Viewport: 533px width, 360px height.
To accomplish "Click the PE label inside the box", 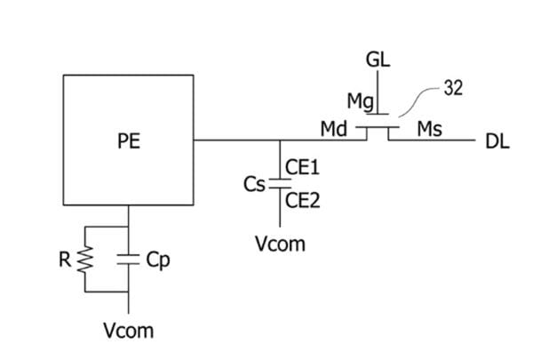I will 128,140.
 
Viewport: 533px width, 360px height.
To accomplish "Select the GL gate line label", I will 378,60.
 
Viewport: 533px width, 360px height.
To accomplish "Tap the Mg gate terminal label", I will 362,101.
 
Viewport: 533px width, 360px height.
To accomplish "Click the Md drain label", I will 333,129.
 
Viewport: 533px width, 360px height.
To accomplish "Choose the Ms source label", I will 430,129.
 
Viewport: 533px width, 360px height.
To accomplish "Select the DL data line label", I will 498,141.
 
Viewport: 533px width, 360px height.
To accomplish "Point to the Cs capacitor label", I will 255,184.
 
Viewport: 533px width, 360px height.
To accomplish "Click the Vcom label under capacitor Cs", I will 280,243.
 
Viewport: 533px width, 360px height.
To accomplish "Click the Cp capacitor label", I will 157,260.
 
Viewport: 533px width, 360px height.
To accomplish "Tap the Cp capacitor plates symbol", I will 130,260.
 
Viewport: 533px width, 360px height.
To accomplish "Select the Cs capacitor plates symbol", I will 280,184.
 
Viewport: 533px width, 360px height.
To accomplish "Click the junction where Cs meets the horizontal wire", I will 280,140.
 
